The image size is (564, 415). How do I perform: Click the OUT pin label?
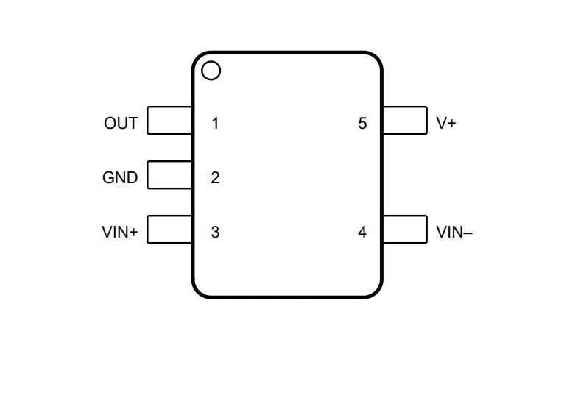coord(121,123)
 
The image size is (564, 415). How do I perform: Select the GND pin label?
coord(120,177)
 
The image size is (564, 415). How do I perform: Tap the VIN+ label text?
coord(119,232)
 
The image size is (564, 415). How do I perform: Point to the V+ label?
coord(446,123)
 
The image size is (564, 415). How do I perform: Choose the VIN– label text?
coord(454,232)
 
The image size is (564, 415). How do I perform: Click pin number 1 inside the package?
coord(215,123)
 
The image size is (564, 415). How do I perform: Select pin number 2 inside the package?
coord(215,177)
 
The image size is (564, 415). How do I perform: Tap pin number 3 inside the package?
coord(215,232)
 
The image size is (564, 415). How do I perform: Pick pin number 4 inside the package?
coord(362,232)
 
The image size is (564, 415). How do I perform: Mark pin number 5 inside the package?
coord(362,123)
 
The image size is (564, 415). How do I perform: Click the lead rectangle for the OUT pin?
coord(169,121)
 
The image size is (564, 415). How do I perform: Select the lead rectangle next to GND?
coord(169,175)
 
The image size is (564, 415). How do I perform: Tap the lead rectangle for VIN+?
coord(169,230)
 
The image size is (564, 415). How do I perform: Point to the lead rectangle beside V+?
coord(404,121)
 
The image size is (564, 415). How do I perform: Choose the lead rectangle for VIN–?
coord(404,230)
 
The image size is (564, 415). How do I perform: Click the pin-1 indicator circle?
coord(211,71)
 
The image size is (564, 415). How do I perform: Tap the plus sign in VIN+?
coord(133,233)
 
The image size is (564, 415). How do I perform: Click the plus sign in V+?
coord(451,124)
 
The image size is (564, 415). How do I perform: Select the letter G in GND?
coord(108,177)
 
